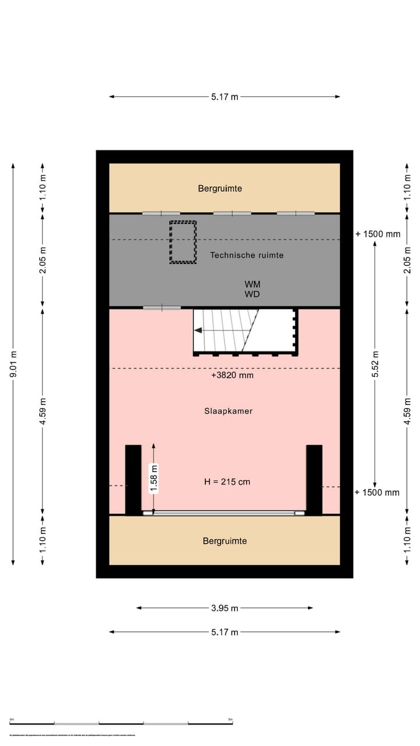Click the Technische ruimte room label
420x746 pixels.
pos(247,255)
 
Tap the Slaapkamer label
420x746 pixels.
pos(228,411)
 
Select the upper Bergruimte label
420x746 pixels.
pos(220,188)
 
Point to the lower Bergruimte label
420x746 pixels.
pos(225,541)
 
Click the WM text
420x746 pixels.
pos(253,284)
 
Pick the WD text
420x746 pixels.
pos(253,294)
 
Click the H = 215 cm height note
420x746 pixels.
pos(227,482)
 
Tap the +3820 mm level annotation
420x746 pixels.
pos(232,376)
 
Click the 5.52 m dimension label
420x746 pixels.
pos(376,364)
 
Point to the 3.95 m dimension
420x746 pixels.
pos(225,608)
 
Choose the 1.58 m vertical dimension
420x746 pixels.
pos(154,478)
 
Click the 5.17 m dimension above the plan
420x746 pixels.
pos(225,97)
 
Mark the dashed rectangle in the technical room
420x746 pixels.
pos(183,242)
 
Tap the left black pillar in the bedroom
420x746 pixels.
pos(133,480)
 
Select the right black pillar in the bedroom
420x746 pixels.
pos(314,480)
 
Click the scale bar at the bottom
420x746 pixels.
pos(121,723)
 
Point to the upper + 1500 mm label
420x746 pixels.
pos(378,234)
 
